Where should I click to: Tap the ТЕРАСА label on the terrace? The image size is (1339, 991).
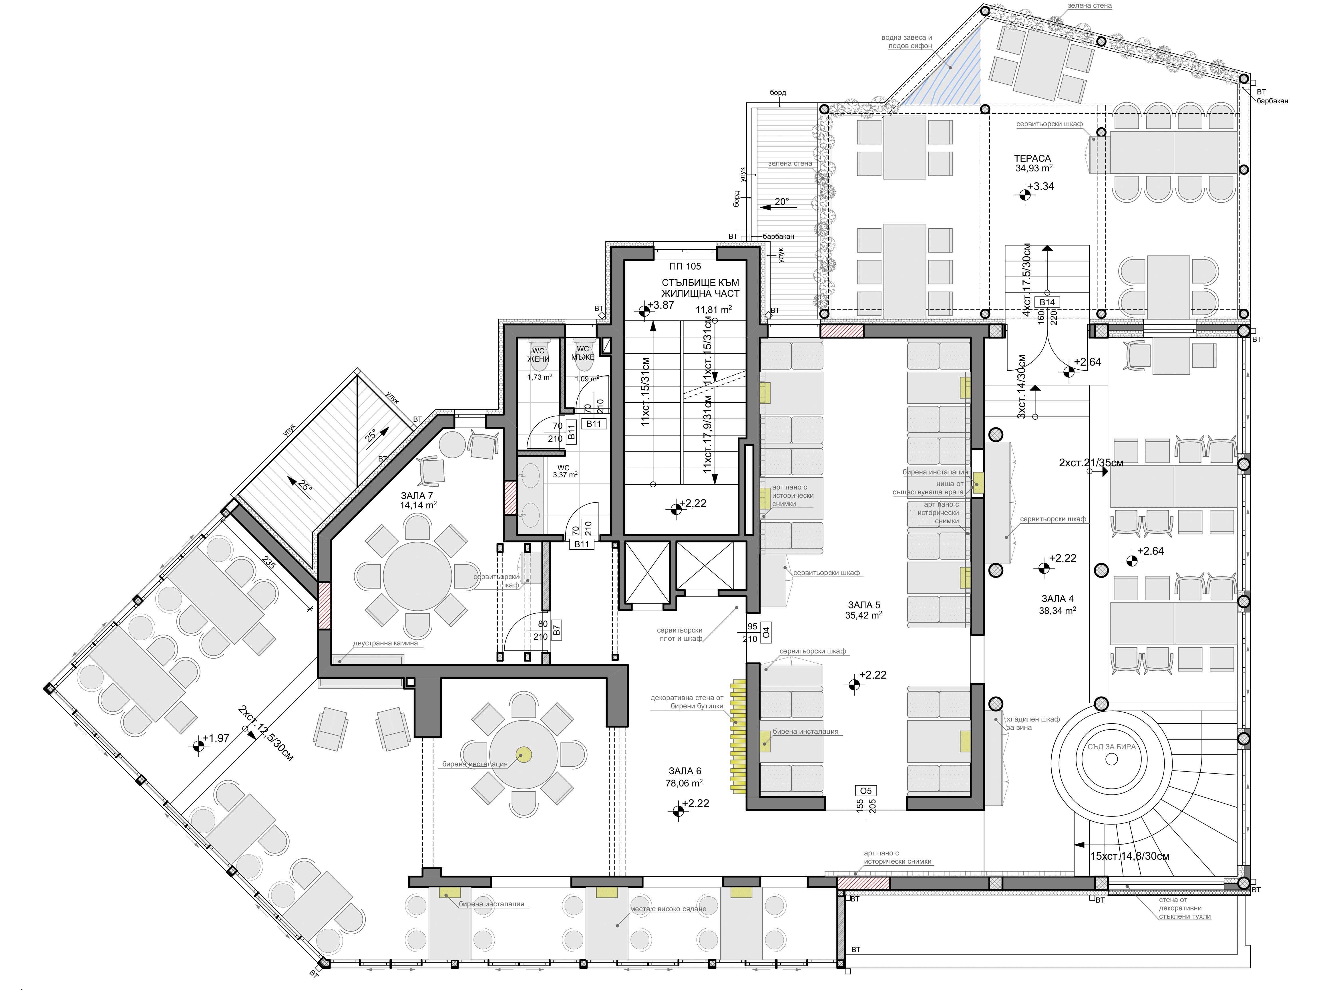[x=1032, y=158]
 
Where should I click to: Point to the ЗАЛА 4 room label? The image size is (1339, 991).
[x=1057, y=599]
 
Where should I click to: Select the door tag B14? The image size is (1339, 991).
[x=1047, y=302]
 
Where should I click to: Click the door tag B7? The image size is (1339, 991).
[x=556, y=630]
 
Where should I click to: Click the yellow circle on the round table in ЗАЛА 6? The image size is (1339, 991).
[x=523, y=755]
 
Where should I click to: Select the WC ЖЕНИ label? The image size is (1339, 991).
[x=538, y=355]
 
